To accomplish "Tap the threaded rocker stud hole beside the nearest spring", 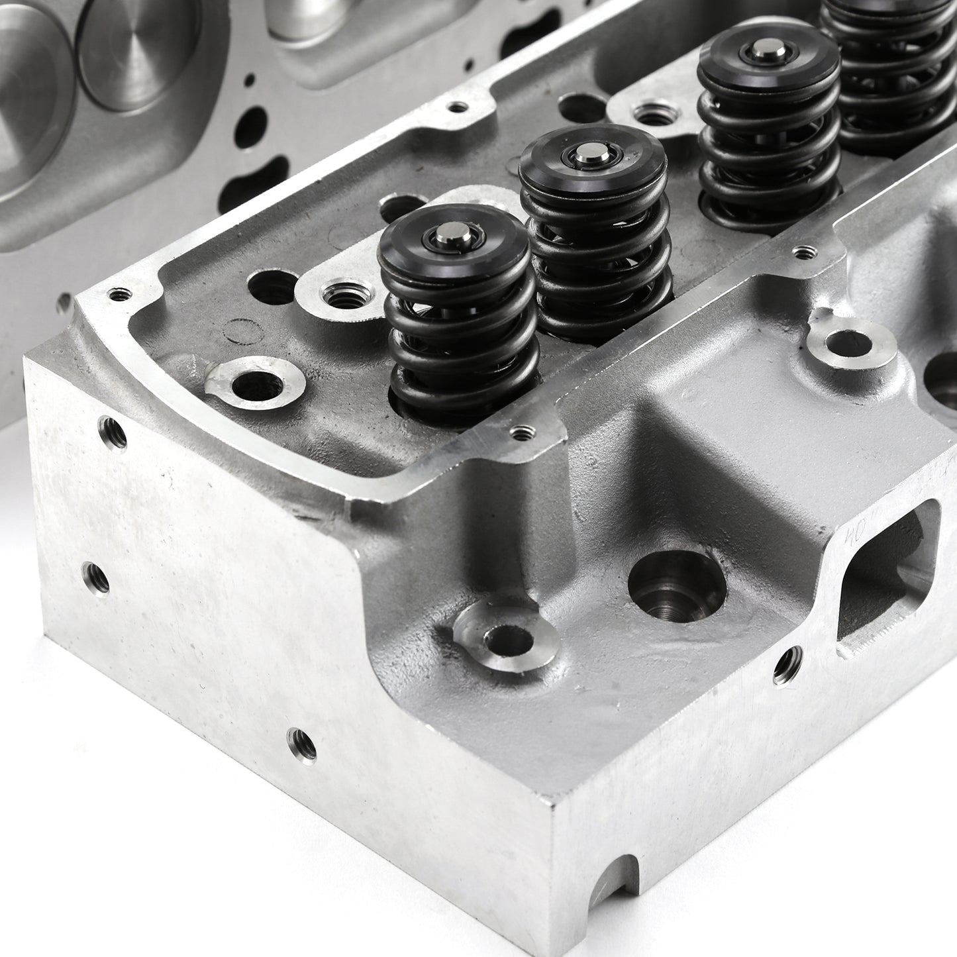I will click(339, 295).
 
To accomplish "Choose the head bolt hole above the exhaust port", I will click(845, 345).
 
